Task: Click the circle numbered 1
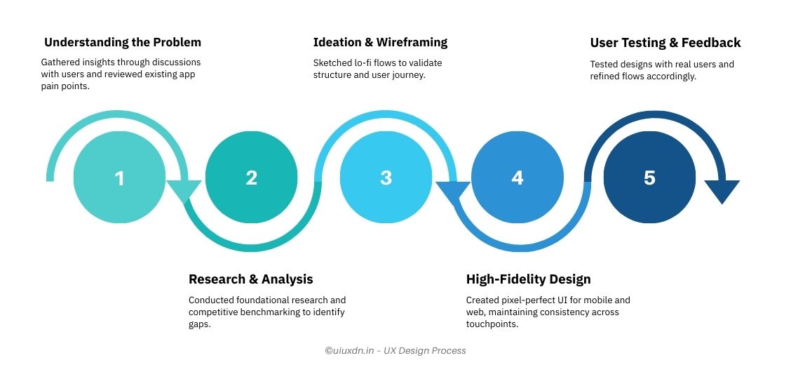click(119, 178)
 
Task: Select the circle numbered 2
click(251, 178)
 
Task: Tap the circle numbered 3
click(385, 178)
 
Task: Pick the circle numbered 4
click(517, 178)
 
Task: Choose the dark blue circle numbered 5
click(649, 178)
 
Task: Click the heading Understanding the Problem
click(123, 42)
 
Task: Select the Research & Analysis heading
click(250, 279)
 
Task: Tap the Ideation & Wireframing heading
click(380, 42)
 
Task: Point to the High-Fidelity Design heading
click(528, 279)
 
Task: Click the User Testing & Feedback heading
click(665, 43)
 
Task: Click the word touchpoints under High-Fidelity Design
click(493, 324)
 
